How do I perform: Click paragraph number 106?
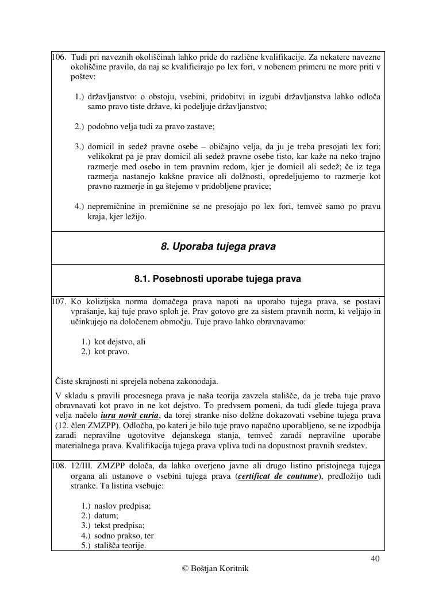pos(59,57)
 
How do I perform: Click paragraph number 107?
pos(59,301)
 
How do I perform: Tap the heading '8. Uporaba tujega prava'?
pos(218,247)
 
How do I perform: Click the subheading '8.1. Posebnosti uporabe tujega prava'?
pos(218,280)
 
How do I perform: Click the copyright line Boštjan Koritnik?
pos(215,569)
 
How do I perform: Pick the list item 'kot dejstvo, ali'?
pos(120,342)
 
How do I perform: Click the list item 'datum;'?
pos(106,515)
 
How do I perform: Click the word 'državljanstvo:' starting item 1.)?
pos(111,96)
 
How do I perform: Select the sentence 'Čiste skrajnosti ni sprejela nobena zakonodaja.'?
pos(137,381)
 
